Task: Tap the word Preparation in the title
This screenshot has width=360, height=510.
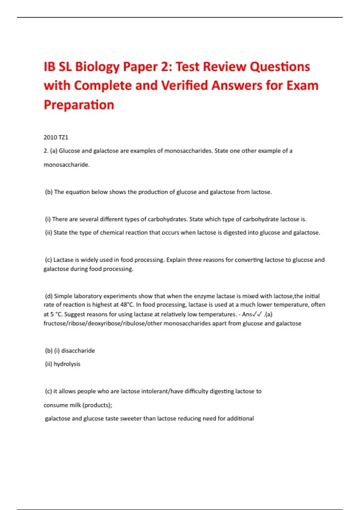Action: [x=79, y=105]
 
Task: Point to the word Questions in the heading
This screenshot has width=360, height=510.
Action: [x=280, y=67]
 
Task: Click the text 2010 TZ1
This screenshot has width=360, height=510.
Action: [x=56, y=137]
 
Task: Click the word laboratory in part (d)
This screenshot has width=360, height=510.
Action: [x=87, y=296]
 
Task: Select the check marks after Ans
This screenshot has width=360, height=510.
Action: [x=257, y=314]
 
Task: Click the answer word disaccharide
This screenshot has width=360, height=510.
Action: [x=78, y=351]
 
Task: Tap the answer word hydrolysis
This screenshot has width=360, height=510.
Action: [x=67, y=364]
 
